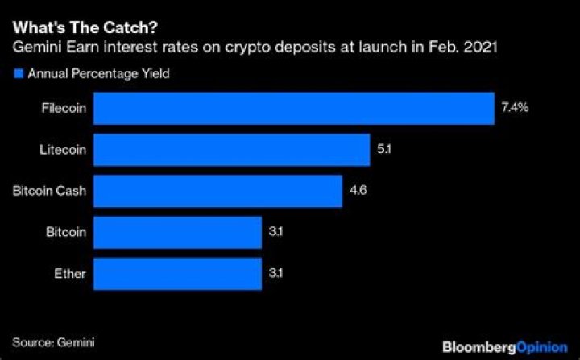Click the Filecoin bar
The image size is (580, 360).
(293, 109)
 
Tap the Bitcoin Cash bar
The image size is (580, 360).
(217, 192)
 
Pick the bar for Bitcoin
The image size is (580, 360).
(177, 233)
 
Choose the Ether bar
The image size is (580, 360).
(177, 274)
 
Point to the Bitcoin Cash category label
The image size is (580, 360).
(49, 192)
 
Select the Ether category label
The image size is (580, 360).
(70, 274)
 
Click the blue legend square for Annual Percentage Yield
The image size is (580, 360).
(17, 73)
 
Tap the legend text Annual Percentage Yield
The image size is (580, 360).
(98, 73)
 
